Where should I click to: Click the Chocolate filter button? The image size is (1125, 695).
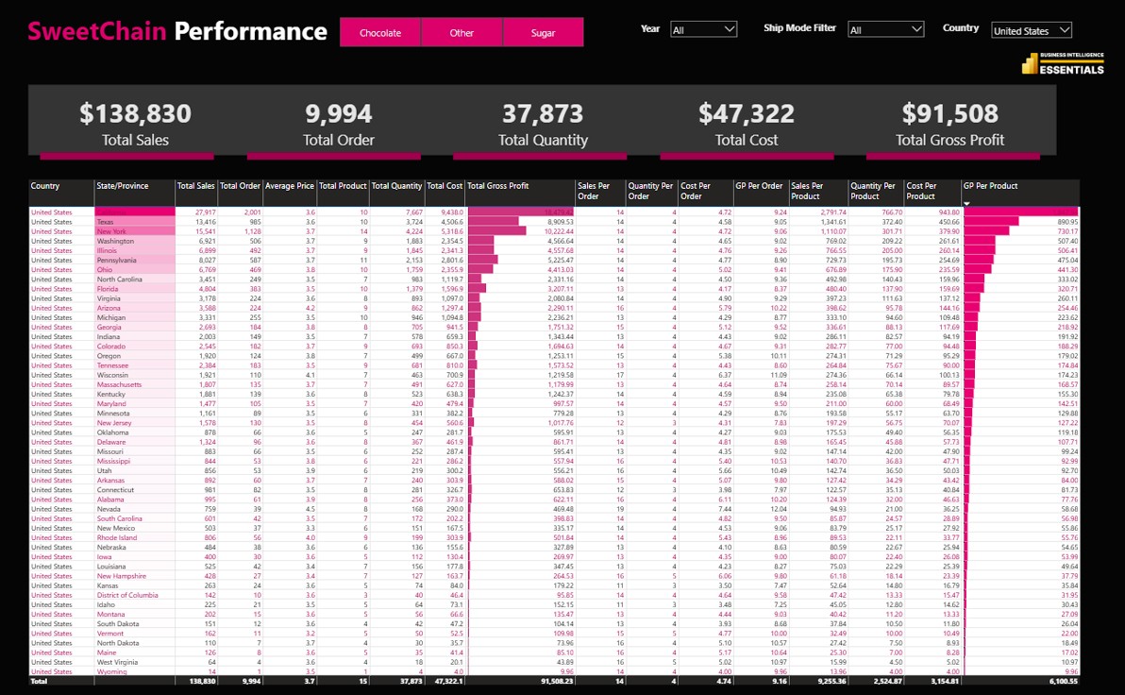(380, 33)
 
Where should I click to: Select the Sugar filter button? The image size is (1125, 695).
(543, 33)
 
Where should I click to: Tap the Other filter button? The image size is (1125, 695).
(462, 33)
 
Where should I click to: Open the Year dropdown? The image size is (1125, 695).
(703, 30)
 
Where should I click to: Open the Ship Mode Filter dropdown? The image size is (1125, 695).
(885, 30)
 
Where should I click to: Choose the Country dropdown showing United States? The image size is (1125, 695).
(1032, 31)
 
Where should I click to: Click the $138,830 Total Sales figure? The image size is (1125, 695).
(135, 114)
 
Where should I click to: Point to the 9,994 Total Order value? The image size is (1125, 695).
(338, 114)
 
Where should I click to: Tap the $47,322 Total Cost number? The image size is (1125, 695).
(746, 114)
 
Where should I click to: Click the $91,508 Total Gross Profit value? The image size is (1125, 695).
(949, 114)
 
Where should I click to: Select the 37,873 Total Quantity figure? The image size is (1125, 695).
(543, 114)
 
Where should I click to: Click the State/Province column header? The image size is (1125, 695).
(123, 186)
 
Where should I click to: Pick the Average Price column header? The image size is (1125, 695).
(290, 186)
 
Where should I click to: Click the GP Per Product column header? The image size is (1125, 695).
(990, 186)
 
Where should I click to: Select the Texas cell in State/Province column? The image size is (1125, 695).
(105, 222)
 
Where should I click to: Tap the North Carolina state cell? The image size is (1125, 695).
(119, 280)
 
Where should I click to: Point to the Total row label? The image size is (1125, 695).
(39, 681)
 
